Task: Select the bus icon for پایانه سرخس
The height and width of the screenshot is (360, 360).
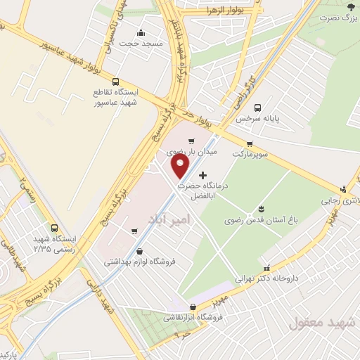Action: click(258, 108)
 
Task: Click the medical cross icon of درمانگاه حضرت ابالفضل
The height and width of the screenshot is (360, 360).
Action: click(203, 174)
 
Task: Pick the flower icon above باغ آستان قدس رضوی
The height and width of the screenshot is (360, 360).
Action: click(261, 209)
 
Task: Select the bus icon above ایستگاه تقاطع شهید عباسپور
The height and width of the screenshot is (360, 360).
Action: click(115, 81)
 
